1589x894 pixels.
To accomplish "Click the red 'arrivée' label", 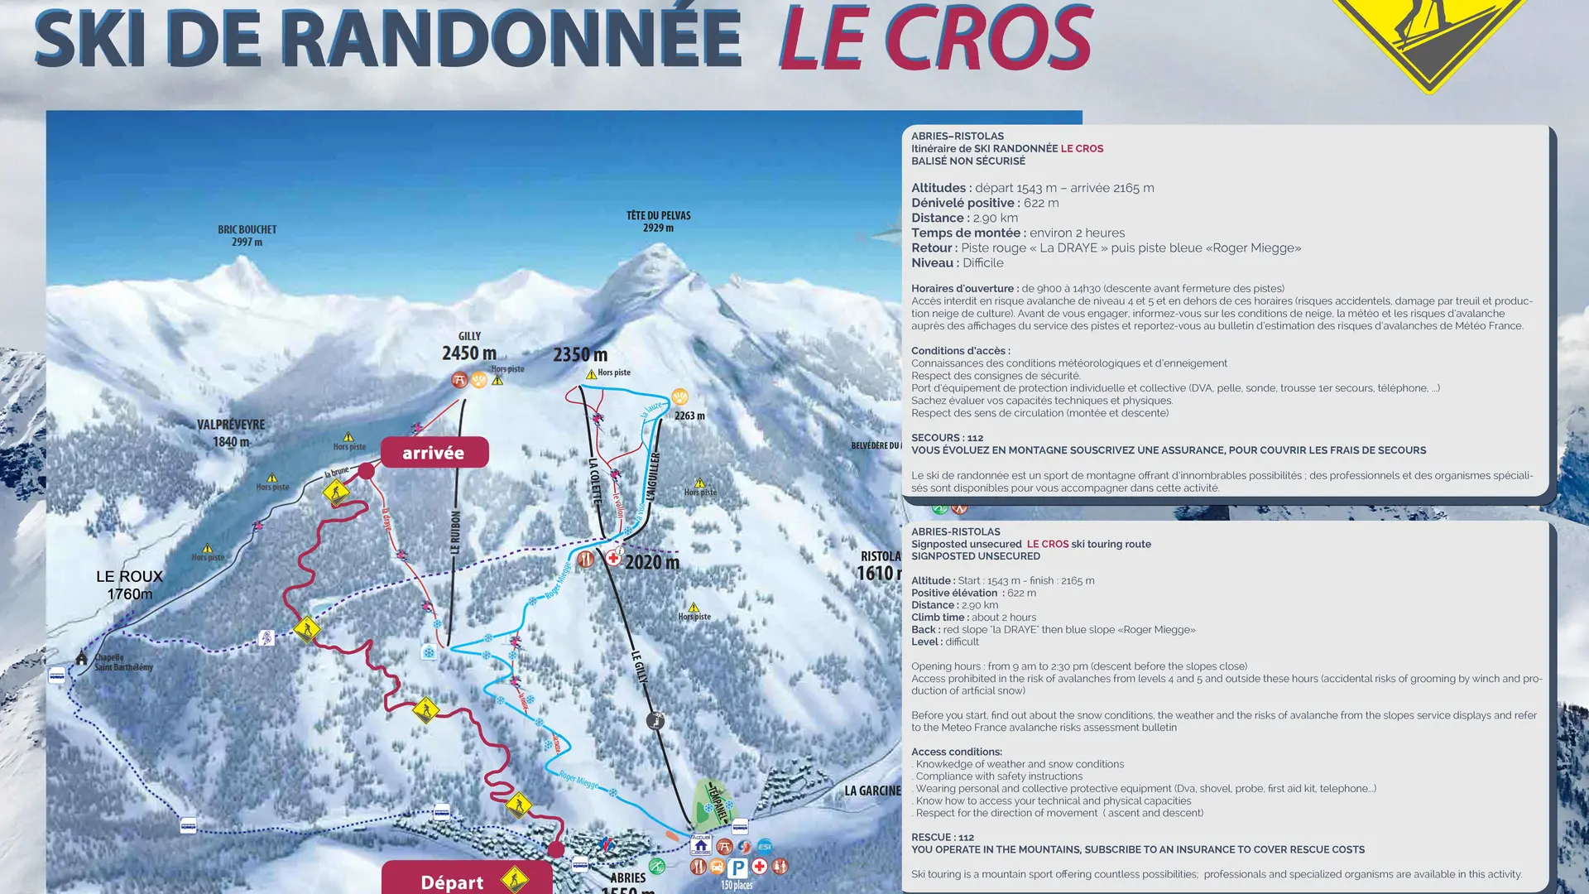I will coord(434,453).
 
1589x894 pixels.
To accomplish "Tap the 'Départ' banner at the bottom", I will coord(452,882).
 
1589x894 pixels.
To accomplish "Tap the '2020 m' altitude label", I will coord(652,563).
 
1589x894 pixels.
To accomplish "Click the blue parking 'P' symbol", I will coord(737,867).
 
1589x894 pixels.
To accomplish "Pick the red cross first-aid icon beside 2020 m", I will coord(613,559).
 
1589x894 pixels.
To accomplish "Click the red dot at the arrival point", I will coord(366,471).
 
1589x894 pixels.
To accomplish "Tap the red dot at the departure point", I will coord(556,849).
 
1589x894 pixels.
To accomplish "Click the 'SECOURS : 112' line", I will coord(948,438).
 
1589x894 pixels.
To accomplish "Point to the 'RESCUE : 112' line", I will coord(943,837).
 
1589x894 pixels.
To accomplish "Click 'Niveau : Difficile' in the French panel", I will coord(958,263).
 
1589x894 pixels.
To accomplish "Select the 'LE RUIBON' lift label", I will coord(455,532).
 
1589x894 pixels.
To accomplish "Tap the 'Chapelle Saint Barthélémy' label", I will coord(123,662).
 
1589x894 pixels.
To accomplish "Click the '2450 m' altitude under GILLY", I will coord(469,353).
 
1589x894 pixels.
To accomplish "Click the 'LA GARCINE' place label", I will coord(872,791).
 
